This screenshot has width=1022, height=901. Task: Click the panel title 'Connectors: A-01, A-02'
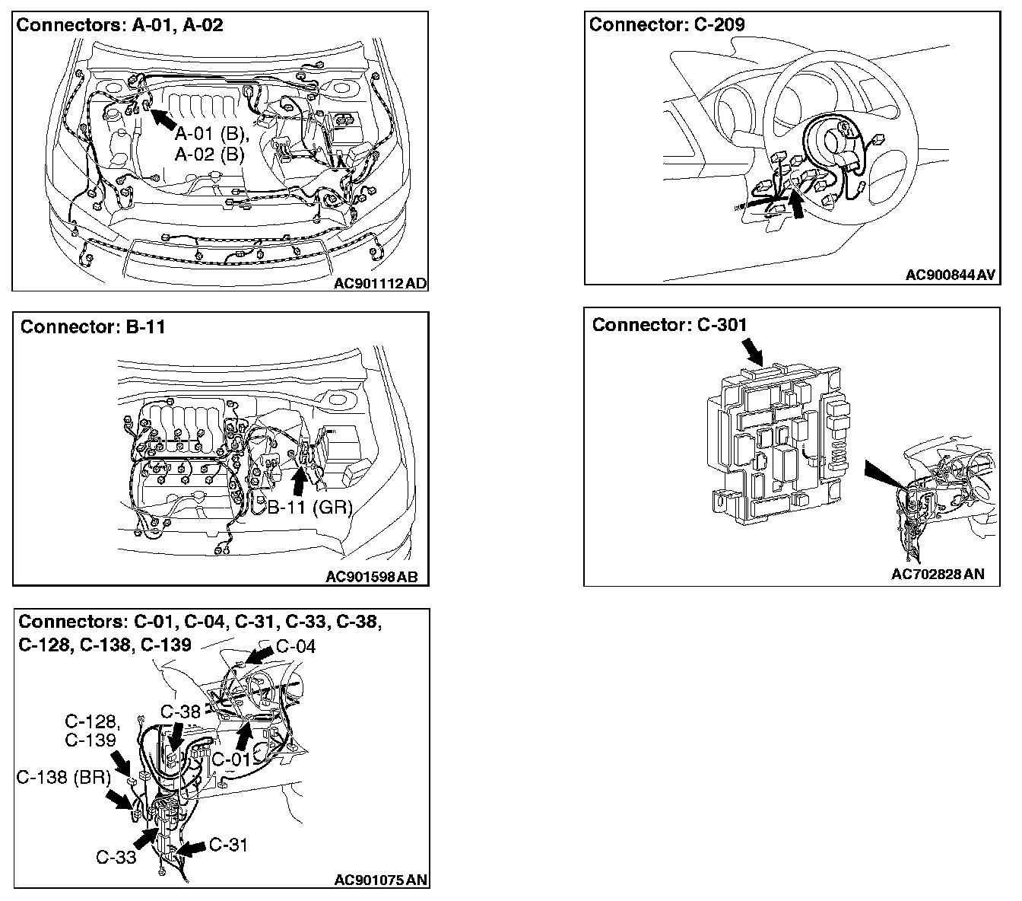[120, 24]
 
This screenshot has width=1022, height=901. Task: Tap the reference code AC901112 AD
[380, 284]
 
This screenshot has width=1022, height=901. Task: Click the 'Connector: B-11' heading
[93, 326]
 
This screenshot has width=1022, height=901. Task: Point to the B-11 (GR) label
[310, 507]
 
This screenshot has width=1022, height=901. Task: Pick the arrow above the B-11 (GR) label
[300, 481]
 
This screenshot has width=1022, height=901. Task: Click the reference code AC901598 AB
[372, 577]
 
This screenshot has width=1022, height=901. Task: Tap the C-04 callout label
[295, 647]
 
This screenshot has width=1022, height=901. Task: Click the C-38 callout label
[181, 712]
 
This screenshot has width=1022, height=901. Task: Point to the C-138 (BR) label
[64, 777]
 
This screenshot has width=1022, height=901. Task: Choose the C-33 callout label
[116, 857]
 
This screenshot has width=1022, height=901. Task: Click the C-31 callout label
[228, 844]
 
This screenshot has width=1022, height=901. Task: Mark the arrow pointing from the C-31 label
[194, 848]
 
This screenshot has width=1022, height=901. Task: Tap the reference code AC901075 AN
[381, 880]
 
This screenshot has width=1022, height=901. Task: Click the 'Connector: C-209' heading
[667, 24]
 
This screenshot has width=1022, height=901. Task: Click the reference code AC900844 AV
[951, 275]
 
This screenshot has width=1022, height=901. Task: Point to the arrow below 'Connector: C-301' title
[753, 352]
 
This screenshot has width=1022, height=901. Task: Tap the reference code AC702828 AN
[938, 574]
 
